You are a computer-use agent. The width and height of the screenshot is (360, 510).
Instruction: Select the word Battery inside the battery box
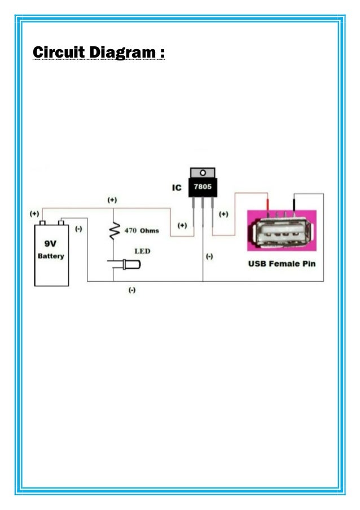click(51, 256)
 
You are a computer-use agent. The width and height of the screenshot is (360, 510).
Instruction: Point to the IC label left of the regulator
click(177, 188)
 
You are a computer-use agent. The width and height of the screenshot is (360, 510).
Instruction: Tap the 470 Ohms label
click(142, 231)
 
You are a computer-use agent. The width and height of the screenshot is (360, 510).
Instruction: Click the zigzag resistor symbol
click(115, 230)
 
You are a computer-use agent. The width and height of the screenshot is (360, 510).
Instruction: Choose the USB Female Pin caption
click(282, 264)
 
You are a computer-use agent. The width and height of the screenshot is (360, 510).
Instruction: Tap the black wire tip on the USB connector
click(293, 203)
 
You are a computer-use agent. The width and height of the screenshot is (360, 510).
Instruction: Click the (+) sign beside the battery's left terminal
click(35, 214)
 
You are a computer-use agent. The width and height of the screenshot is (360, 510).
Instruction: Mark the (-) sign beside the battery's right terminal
click(78, 229)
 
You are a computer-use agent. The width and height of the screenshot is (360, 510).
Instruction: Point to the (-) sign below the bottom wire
click(131, 290)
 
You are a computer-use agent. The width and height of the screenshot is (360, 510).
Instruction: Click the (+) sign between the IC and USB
click(223, 215)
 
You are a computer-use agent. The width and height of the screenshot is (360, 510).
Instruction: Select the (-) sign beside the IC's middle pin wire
click(209, 256)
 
